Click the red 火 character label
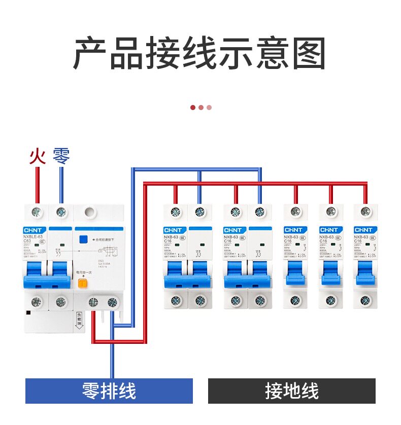click(37, 156)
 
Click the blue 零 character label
click(61, 156)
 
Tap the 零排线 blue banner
click(109, 391)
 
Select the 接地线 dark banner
click(292, 391)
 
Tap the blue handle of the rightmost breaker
click(365, 273)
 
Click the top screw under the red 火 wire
click(37, 211)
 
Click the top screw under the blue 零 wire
click(61, 211)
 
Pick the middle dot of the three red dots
click(201, 108)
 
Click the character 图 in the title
click(308, 53)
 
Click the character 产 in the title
click(91, 53)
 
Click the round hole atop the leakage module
click(91, 211)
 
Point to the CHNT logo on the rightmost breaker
click(364, 230)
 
